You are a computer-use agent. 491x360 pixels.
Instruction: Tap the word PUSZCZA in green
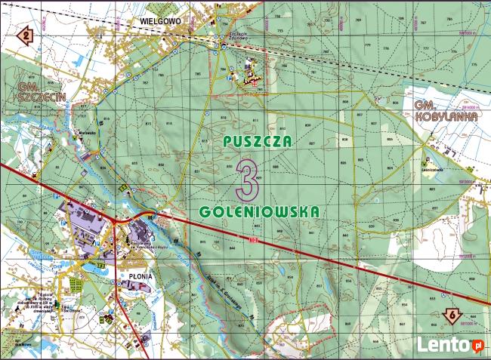pyautogui.click(x=257, y=141)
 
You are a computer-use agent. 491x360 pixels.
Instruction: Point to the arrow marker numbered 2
pyautogui.click(x=26, y=35)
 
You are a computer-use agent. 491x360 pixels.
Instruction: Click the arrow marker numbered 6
pyautogui.click(x=450, y=315)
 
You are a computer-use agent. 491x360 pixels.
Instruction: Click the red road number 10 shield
pyautogui.click(x=252, y=240)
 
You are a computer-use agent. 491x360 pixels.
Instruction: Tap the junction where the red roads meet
pyautogui.click(x=115, y=221)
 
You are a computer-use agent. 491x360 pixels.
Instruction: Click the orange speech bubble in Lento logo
pyautogui.click(x=477, y=345)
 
